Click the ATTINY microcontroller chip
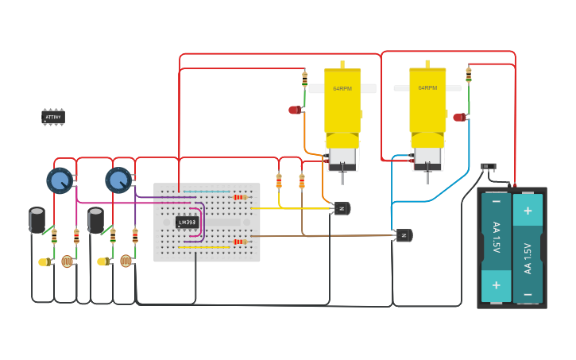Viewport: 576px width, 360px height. (x=53, y=117)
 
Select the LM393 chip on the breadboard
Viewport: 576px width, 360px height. (x=187, y=222)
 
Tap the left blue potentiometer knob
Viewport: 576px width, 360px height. (x=59, y=180)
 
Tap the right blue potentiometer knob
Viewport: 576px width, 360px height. (x=118, y=180)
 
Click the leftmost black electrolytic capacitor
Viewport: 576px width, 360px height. (x=37, y=220)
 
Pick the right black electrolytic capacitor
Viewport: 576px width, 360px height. (x=95, y=220)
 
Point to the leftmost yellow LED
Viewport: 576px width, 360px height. (x=43, y=261)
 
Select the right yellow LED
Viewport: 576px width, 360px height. (x=102, y=261)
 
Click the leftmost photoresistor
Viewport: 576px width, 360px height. (x=67, y=261)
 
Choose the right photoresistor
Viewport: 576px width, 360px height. (x=126, y=261)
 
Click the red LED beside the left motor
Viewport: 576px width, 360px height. (x=295, y=110)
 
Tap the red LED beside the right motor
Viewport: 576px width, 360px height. (x=459, y=117)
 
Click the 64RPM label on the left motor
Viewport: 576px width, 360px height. (x=342, y=89)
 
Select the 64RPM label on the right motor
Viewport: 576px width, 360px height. (x=427, y=88)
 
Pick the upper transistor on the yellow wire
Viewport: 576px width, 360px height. (x=342, y=208)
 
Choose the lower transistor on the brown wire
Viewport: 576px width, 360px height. (x=404, y=235)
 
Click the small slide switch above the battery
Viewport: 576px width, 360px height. (x=489, y=166)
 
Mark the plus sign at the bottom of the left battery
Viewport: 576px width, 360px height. (x=497, y=285)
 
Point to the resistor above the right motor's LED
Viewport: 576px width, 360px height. (x=469, y=75)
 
